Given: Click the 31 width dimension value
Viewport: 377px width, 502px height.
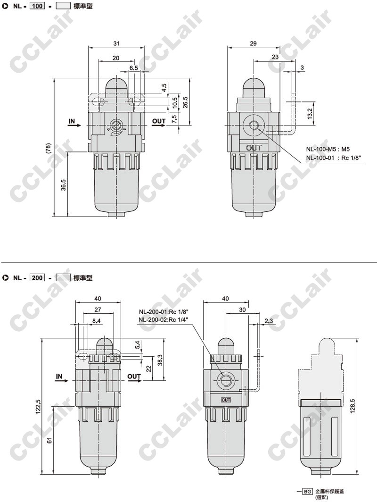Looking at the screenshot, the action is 116,43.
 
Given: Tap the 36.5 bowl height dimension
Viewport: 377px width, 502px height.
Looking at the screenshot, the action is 63,185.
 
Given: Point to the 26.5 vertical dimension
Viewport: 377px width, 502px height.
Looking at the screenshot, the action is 185,102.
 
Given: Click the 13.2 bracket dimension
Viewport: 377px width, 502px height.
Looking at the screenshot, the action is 310,113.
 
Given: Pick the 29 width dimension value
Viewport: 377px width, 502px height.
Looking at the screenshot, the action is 253,43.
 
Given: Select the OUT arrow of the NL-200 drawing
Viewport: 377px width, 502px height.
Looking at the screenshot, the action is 135,381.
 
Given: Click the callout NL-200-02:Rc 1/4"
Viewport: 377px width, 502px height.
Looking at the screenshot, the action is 164,319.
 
